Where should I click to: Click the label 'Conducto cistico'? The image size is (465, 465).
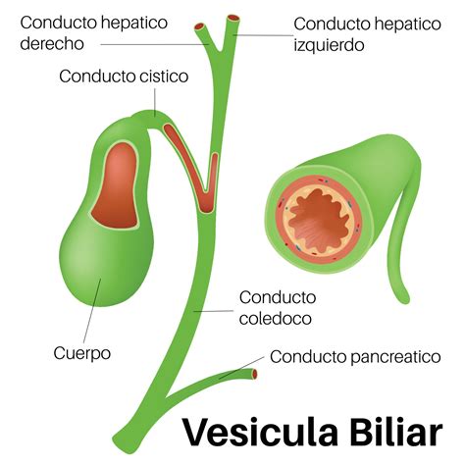tap(124, 76)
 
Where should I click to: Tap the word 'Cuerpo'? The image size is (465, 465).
tap(82, 352)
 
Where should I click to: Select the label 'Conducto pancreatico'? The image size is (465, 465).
tap(355, 356)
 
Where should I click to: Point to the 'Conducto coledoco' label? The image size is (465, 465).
tap(278, 307)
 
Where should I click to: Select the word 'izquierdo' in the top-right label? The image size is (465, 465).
tap(330, 44)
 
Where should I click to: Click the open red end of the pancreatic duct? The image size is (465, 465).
tap(257, 374)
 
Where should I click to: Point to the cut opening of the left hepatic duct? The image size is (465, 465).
tap(232, 18)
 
